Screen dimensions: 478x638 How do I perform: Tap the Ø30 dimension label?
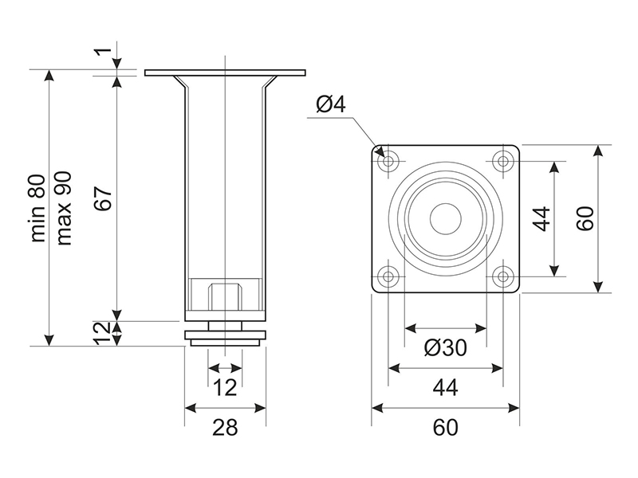(445, 348)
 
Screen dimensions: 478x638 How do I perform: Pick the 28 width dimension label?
(225, 427)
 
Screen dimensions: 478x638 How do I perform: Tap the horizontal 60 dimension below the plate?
(445, 427)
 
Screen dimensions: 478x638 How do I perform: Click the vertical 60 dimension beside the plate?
(586, 218)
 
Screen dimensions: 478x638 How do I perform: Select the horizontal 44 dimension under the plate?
(445, 388)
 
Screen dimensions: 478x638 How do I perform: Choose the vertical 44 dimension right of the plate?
(542, 218)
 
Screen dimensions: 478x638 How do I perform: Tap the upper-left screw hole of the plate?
(390, 161)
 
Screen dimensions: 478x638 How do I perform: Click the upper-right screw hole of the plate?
(502, 161)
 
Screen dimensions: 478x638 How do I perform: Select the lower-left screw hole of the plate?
(390, 276)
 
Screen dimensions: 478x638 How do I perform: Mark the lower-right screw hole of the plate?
(502, 276)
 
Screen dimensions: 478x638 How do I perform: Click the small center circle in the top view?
(446, 218)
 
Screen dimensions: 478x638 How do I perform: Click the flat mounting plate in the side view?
(225, 72)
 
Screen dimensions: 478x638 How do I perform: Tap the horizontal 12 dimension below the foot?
(226, 388)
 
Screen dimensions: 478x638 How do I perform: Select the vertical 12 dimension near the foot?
(101, 332)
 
